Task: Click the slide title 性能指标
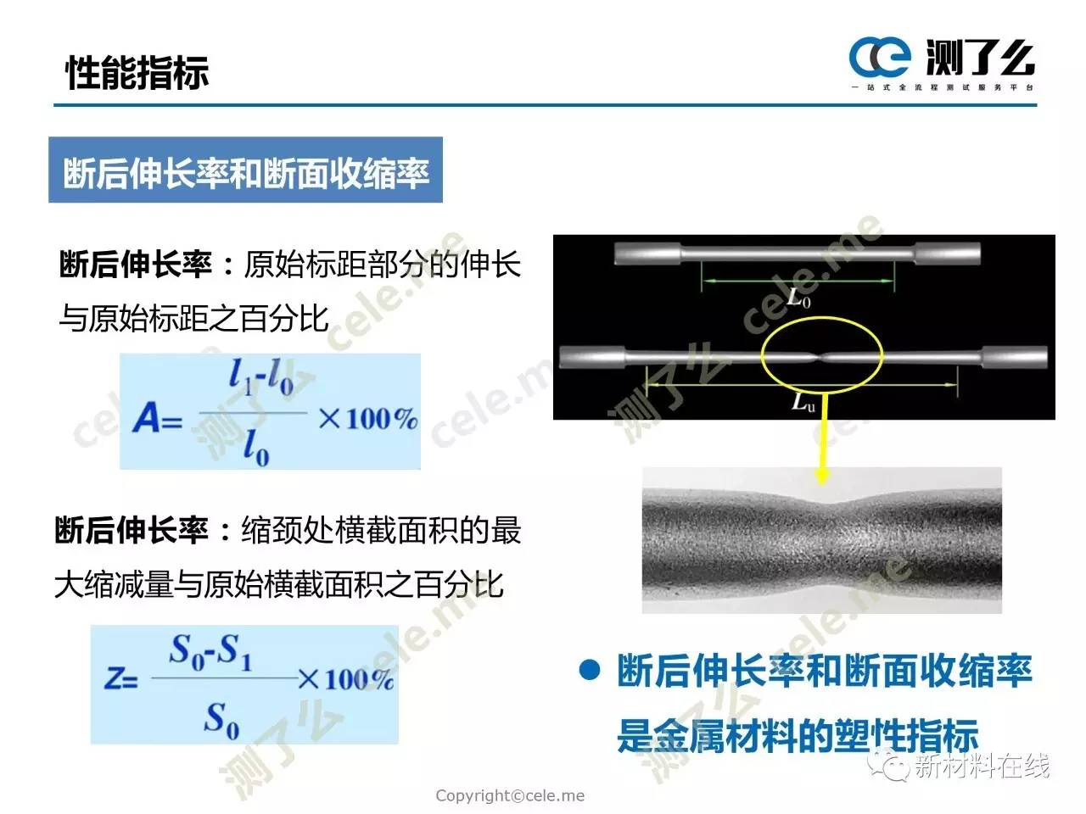pos(137,73)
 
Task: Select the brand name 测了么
pos(980,59)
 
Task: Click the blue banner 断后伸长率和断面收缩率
pos(245,170)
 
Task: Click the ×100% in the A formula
pos(368,419)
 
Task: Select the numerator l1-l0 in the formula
pos(260,378)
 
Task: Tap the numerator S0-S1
pos(210,652)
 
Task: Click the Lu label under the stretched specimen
pos(802,402)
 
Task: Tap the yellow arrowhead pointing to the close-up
pos(821,476)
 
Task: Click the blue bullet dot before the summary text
pos(590,670)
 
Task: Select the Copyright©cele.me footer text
pos(510,795)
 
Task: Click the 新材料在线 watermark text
pos(982,766)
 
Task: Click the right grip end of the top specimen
pos(947,254)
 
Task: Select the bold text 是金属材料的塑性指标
pos(798,735)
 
